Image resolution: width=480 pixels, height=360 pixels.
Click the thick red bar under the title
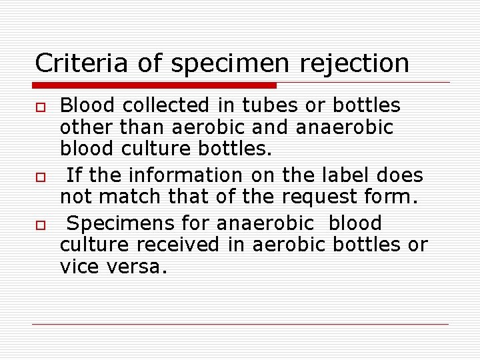coord(155,85)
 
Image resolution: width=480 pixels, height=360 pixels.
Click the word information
coord(185,175)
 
